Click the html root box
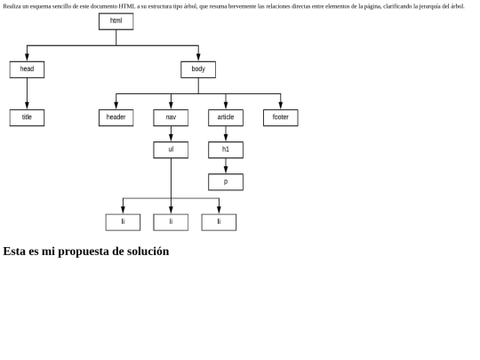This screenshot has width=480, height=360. coord(116,21)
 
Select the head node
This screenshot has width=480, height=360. coord(27,69)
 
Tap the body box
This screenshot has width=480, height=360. coord(198,69)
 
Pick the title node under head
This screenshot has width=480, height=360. coord(27,117)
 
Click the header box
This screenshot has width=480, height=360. coord(116,117)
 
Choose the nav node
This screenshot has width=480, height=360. coord(171,117)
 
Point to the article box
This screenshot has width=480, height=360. coord(226,117)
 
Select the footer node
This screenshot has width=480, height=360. coord(280,117)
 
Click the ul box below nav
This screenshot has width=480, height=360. coord(171,149)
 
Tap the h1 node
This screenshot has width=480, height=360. coord(226,149)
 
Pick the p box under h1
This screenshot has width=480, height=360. coord(226,182)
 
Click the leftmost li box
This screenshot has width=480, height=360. coord(123,222)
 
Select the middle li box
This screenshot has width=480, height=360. coord(171,222)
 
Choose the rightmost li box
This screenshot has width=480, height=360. coord(219,222)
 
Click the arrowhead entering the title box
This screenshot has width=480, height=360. coord(27,106)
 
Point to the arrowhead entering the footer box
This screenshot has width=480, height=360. coord(280,106)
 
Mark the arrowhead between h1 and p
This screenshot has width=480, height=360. coord(226,170)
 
